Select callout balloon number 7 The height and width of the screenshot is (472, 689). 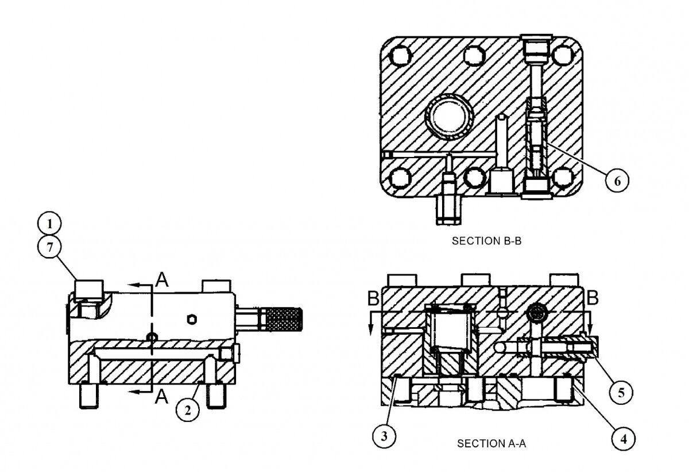(x=50, y=248)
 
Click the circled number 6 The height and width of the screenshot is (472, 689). (x=617, y=180)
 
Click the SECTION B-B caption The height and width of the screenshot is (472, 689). (x=486, y=241)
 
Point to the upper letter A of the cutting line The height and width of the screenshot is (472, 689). (x=162, y=281)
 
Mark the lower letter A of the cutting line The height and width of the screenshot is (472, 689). (x=162, y=395)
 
